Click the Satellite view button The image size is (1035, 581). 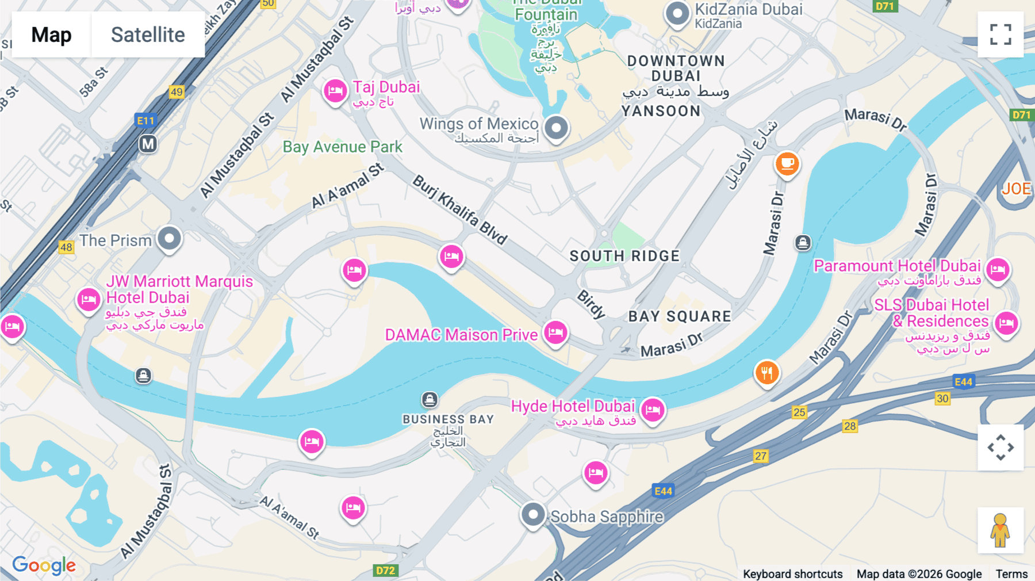[148, 35]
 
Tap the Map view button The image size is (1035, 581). [51, 35]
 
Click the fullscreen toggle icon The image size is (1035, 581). [1000, 35]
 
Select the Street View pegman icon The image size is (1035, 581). [1000, 530]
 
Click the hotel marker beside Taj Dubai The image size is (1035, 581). [335, 91]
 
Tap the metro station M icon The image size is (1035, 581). [148, 144]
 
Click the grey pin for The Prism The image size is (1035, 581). [169, 238]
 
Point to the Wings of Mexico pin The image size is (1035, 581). [556, 127]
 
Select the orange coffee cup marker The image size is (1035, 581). [787, 164]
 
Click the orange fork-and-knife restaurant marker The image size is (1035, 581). [766, 373]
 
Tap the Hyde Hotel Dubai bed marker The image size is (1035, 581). [653, 410]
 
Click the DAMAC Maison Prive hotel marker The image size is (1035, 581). [555, 332]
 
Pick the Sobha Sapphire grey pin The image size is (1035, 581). [533, 514]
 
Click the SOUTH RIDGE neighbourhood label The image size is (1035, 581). [624, 256]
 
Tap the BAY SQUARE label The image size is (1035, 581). [680, 316]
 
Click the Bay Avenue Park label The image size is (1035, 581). [342, 147]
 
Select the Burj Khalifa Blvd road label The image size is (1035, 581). [460, 210]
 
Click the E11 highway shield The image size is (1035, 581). [145, 121]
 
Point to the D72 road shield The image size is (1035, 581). [385, 571]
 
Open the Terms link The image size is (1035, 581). [1011, 574]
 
